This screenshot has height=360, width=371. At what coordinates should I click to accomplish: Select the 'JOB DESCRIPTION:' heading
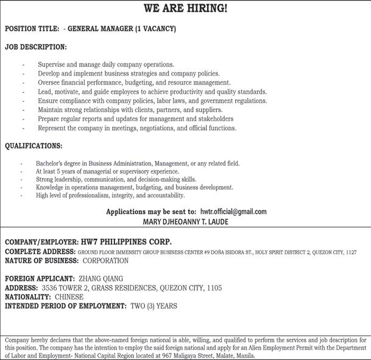tap(35, 47)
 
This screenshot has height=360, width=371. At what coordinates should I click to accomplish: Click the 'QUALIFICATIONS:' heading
tap(34, 146)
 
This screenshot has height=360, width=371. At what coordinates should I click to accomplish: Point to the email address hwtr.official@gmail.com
tap(233, 211)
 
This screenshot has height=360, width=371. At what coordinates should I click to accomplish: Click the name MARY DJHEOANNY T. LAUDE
tap(185, 222)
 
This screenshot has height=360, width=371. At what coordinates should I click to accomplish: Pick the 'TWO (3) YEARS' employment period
tap(154, 306)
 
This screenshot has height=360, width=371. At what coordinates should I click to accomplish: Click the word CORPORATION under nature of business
tap(105, 261)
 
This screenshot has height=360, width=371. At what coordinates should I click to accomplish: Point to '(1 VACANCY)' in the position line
tap(155, 29)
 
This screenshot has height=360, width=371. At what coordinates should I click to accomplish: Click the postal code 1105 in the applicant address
tap(213, 288)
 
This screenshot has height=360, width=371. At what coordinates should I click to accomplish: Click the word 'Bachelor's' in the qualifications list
tap(50, 164)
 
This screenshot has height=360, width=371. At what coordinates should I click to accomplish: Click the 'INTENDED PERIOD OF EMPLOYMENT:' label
tap(66, 306)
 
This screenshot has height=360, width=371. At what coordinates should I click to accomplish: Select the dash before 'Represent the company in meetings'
tap(23, 129)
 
